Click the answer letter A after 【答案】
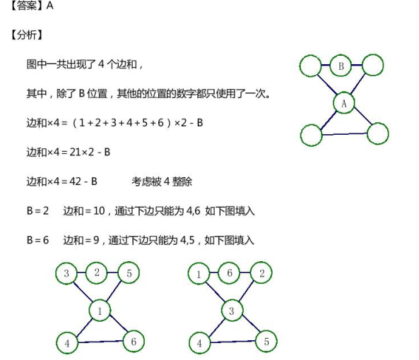tap(49, 6)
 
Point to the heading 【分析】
tap(26, 35)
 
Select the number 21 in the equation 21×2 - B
tap(75, 152)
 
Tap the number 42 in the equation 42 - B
tap(75, 181)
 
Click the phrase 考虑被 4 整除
tap(162, 181)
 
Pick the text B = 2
tap(37, 211)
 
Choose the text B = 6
tap(37, 240)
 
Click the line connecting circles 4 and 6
tap(100, 342)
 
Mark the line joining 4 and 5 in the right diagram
tap(232, 342)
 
